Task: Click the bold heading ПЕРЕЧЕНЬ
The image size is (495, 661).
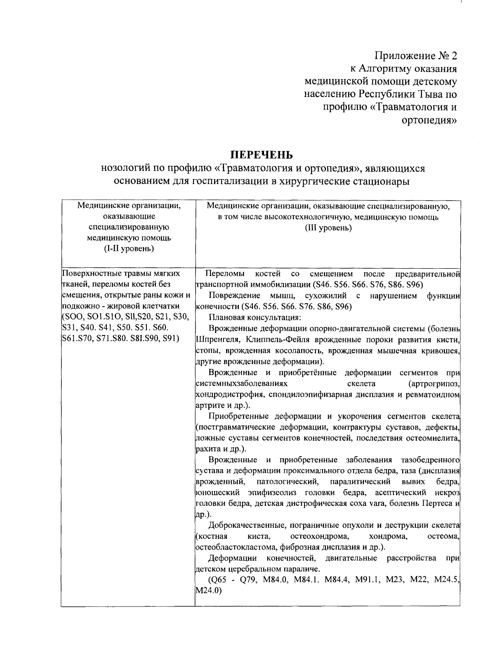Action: pos(261,155)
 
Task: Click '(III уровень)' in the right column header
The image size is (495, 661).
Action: pos(328,227)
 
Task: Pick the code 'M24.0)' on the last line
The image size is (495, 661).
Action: pos(208,591)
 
